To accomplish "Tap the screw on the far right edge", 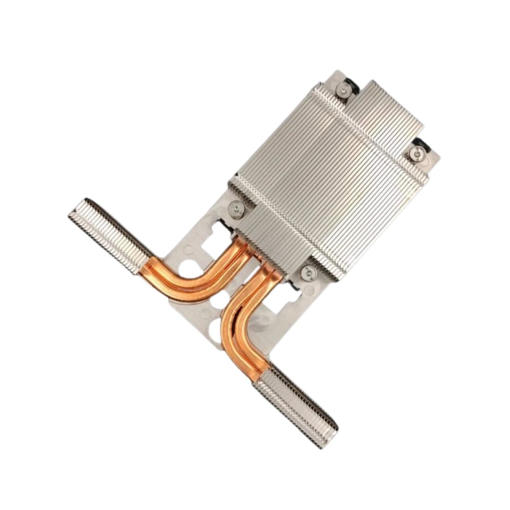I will tap(418, 151).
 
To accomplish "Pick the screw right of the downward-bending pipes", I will tap(308, 273).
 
